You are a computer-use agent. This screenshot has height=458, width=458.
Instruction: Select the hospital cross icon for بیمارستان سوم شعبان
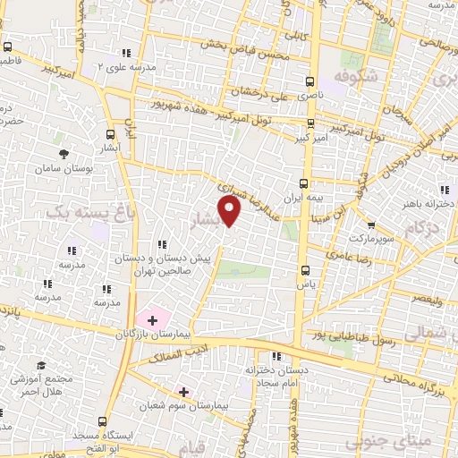pos(183,392)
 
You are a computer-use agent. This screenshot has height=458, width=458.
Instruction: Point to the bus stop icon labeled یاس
pos(307,269)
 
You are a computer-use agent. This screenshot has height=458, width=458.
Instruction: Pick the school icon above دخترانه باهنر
pos(444,189)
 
